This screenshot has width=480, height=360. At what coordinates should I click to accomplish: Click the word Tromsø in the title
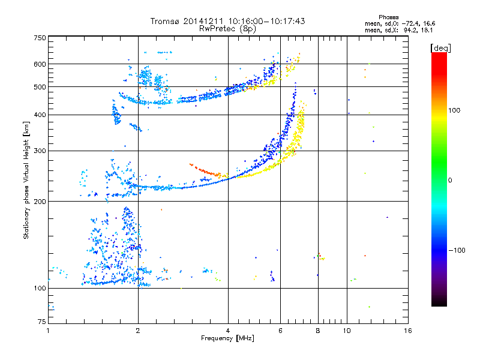(x=166, y=21)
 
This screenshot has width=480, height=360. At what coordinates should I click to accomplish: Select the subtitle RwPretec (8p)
(x=227, y=29)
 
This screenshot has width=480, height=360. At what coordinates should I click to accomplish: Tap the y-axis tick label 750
(x=40, y=38)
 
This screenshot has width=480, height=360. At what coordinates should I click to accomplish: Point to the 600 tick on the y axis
(x=40, y=64)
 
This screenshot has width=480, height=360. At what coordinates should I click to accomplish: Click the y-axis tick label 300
(x=40, y=151)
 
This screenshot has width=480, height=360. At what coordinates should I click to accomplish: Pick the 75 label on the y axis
(x=42, y=322)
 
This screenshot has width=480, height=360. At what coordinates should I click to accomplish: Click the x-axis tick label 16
(x=408, y=331)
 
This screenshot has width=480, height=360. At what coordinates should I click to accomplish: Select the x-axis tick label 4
(x=228, y=331)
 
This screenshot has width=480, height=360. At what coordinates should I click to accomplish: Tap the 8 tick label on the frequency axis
(x=318, y=331)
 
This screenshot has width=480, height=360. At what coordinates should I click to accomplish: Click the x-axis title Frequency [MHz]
(x=227, y=338)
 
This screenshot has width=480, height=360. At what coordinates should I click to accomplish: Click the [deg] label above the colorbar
(x=440, y=48)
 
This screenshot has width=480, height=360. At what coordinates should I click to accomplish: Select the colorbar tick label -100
(x=457, y=250)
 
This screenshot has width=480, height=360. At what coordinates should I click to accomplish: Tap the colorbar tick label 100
(x=454, y=110)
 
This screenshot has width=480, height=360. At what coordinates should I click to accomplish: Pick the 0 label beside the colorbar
(x=450, y=181)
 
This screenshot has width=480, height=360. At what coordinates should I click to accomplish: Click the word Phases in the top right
(x=388, y=17)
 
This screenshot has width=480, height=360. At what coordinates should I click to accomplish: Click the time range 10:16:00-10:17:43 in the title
(x=266, y=21)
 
